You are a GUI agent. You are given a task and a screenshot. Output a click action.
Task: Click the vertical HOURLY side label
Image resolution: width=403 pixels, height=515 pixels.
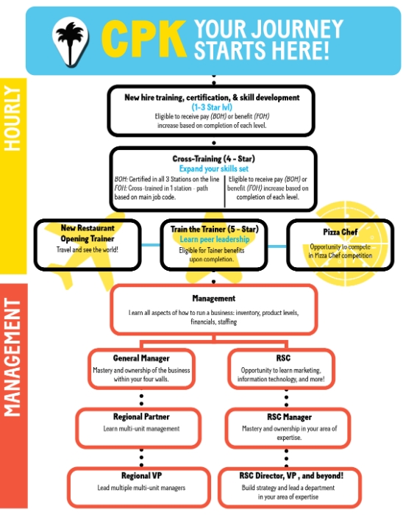(x=13, y=119)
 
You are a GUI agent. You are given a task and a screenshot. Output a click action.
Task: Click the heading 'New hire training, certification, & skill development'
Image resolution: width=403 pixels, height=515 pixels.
(x=212, y=97)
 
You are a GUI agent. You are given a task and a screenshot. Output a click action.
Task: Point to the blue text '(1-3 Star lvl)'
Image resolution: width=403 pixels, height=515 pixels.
(x=212, y=107)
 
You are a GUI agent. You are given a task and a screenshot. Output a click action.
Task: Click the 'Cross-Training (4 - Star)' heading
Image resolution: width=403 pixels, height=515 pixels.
(x=213, y=159)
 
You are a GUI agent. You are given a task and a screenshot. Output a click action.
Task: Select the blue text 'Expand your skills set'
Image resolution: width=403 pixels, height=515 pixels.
(x=213, y=168)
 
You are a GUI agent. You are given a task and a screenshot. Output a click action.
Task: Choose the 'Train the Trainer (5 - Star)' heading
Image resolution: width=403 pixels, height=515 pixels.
(x=214, y=229)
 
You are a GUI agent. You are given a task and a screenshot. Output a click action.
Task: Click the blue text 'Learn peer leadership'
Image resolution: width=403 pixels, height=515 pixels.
(x=214, y=239)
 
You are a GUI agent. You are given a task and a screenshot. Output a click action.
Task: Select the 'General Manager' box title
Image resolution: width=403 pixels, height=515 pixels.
(x=140, y=358)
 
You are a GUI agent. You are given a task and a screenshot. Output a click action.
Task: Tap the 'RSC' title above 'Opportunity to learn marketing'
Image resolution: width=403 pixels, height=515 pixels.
(x=281, y=358)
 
